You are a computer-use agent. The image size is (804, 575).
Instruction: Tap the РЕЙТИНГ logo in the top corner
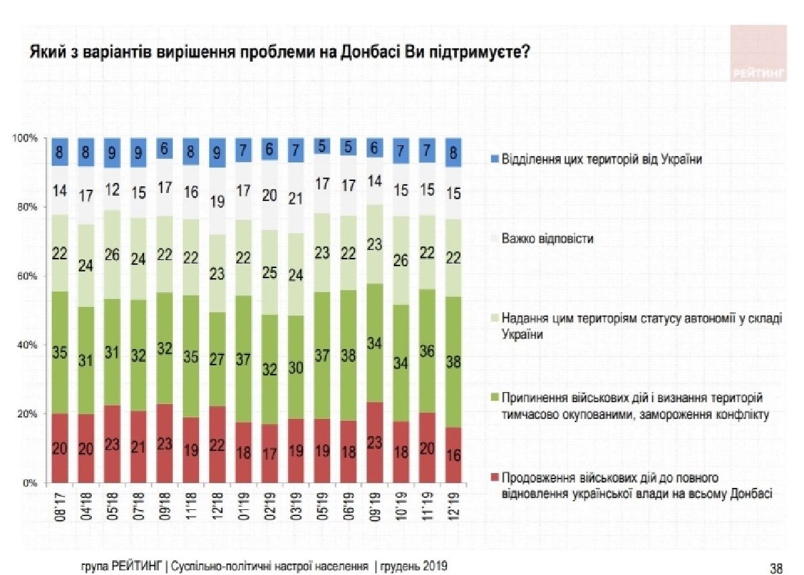pos(757,54)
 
